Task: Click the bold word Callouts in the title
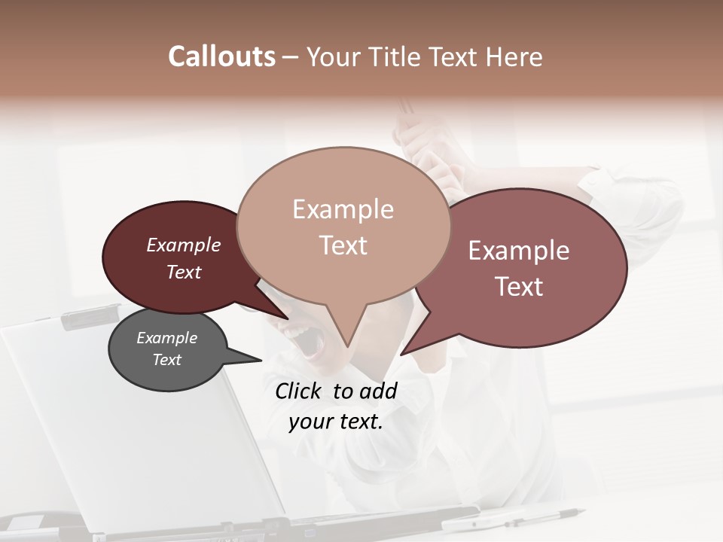click(x=221, y=56)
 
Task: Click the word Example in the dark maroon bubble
click(x=183, y=245)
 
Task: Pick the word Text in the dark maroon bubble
click(x=183, y=272)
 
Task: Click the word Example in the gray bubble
click(x=166, y=338)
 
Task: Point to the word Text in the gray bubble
click(x=166, y=360)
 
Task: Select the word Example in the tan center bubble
click(x=343, y=209)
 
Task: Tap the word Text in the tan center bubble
click(x=343, y=245)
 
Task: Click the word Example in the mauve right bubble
click(x=519, y=251)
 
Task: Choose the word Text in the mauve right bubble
click(x=519, y=287)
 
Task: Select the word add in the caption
click(x=378, y=391)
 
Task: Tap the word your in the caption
click(x=309, y=422)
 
